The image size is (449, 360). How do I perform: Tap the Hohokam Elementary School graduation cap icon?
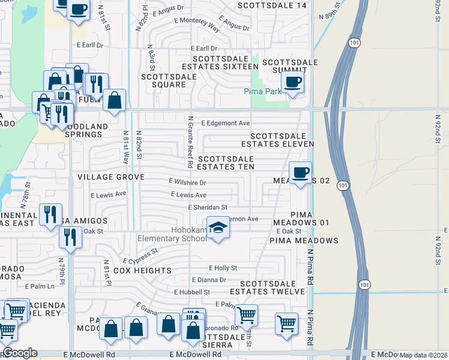pos(218,228)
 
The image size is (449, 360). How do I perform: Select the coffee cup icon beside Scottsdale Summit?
pos(292,82)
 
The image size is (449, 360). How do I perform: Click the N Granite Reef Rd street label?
pos(190,142)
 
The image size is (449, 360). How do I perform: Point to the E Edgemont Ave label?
pos(225,123)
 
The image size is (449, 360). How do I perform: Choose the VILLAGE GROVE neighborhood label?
pos(110,178)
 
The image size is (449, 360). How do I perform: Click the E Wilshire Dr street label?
pos(187,182)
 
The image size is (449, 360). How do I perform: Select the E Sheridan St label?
pos(207,208)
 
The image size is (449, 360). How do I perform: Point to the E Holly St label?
pos(223,268)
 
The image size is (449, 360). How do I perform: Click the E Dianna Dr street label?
pos(209,280)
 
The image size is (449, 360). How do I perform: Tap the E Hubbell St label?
pos(192,292)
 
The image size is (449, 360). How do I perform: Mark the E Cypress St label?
pos(140,257)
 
